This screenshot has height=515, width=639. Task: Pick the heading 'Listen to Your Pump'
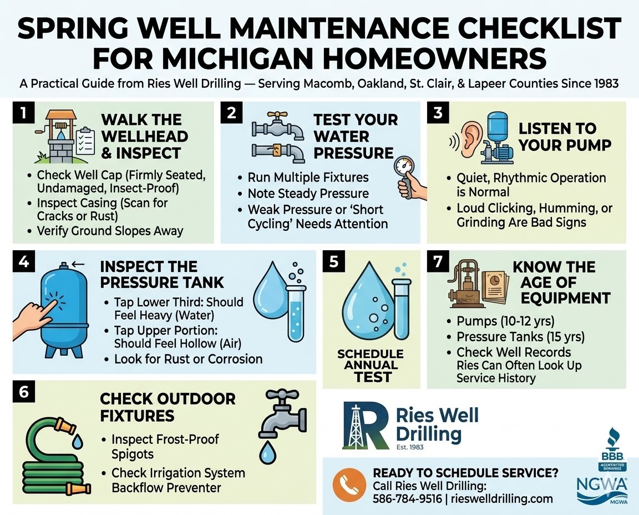tap(565, 137)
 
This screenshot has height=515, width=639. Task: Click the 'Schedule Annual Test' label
tap(371, 365)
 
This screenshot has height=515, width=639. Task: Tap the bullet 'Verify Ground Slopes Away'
tap(110, 230)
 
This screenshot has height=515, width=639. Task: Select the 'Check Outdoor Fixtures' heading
tap(168, 407)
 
